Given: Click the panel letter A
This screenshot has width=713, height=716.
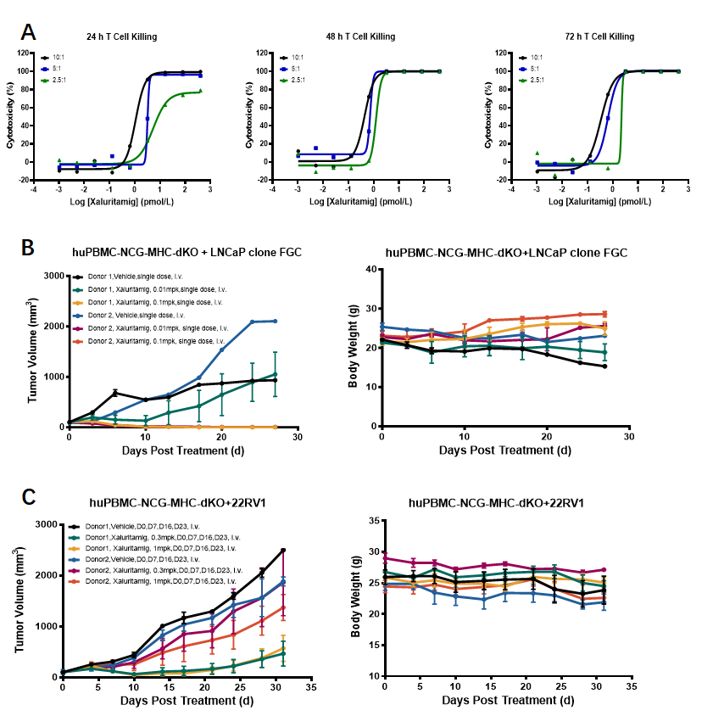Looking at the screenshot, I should pyautogui.click(x=30, y=33).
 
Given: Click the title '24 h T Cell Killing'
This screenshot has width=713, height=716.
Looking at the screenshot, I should pyautogui.click(x=123, y=36).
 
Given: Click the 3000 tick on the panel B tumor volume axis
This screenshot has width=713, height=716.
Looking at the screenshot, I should pyautogui.click(x=54, y=276).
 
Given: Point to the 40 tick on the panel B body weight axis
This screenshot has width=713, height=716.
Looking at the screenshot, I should pyautogui.click(x=370, y=269).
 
